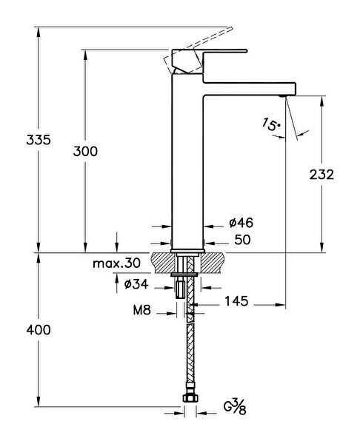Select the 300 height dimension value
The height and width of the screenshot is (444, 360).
point(86,151)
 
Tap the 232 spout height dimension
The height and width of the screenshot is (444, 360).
point(322,175)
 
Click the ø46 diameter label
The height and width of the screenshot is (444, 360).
point(241,223)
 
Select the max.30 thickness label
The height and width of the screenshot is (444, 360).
point(117,263)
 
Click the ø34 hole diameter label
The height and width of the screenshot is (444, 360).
point(138,284)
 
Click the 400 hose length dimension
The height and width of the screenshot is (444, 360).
point(38,330)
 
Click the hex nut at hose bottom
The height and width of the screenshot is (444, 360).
point(189,400)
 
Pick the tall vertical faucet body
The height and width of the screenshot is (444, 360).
point(188,163)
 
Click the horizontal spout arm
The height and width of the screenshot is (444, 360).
point(248,84)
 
